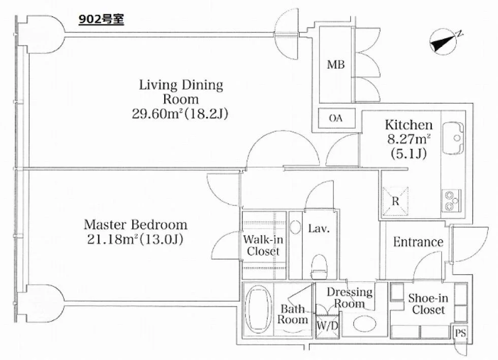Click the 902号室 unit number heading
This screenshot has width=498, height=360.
pyautogui.click(x=101, y=20)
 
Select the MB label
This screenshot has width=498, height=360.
pyautogui.click(x=336, y=65)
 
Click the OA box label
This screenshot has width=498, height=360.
pyautogui.click(x=336, y=118)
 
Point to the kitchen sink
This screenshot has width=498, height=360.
pyautogui.click(x=453, y=138)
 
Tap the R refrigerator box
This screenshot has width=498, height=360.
pyautogui.click(x=395, y=201)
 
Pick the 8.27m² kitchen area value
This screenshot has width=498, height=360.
pyautogui.click(x=409, y=139)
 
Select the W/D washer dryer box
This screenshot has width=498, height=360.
pyautogui.click(x=327, y=326)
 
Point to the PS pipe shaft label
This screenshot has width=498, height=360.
pyautogui.click(x=460, y=333)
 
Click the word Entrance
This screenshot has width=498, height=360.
pyautogui.click(x=418, y=242)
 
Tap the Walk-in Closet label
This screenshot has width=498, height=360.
pyautogui.click(x=263, y=245)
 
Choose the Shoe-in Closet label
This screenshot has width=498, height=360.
pyautogui.click(x=428, y=304)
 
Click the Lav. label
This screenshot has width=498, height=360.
pyautogui.click(x=319, y=228)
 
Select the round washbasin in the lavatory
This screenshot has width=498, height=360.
pyautogui.click(x=295, y=227)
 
